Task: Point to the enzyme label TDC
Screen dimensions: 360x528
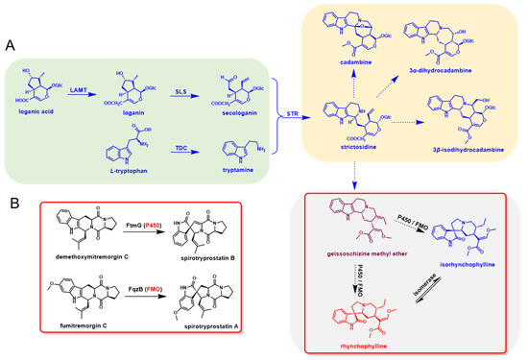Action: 162,147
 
